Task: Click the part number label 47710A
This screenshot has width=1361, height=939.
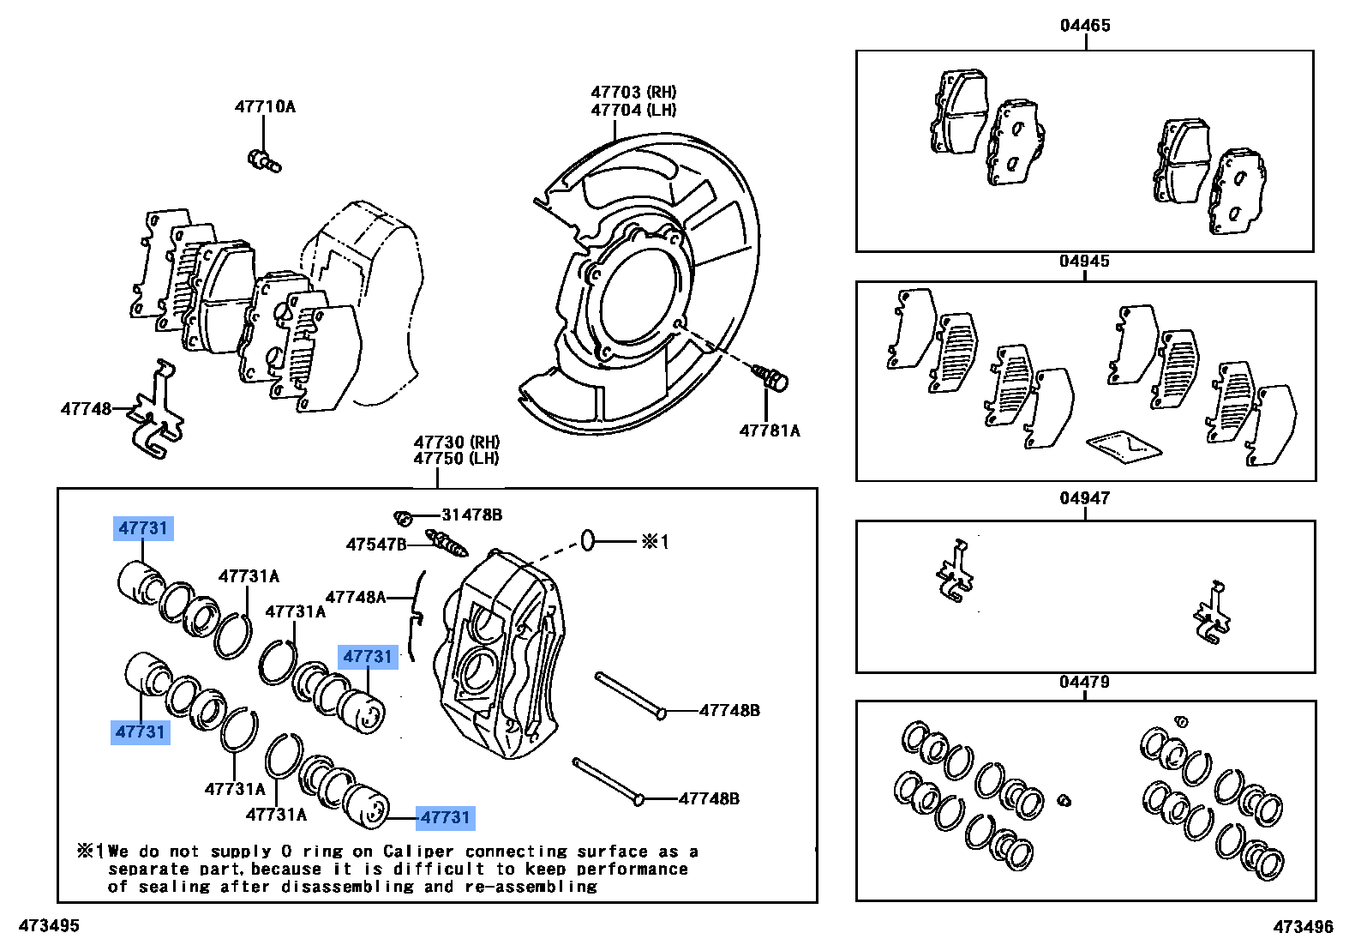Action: point(265,106)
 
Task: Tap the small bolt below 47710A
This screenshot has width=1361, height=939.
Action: point(264,160)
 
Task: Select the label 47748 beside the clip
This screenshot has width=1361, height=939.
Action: point(86,409)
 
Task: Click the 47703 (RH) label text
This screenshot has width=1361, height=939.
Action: point(633,92)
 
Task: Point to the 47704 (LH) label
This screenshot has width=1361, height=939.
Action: point(633,110)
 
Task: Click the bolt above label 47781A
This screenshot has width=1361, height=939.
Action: point(772,378)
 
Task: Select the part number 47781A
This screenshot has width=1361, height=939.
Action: point(770,430)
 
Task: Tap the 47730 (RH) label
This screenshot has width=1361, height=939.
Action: point(456,442)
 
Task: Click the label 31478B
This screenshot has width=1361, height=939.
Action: point(471,515)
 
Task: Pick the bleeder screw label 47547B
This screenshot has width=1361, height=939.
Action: point(375,545)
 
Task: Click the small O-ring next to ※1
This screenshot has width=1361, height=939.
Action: point(588,540)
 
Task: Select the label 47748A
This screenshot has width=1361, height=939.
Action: point(355,597)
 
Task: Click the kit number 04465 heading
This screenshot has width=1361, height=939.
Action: point(1085,25)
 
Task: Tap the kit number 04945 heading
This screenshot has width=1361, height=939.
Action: point(1084,261)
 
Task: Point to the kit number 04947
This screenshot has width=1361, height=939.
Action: point(1084,497)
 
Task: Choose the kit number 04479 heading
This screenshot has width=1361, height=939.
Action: point(1084,682)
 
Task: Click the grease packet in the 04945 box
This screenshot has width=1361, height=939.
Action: point(1124,446)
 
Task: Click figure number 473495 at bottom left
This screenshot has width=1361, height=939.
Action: point(49,925)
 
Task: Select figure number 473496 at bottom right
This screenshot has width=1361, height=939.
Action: point(1303,926)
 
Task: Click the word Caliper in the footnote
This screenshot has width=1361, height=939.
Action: point(418,852)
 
